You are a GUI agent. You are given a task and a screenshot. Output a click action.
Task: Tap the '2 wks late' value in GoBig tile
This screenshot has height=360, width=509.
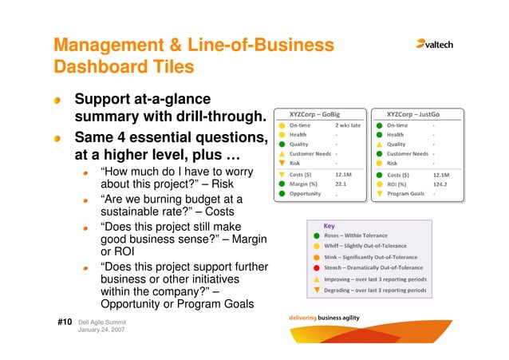tap(348, 125)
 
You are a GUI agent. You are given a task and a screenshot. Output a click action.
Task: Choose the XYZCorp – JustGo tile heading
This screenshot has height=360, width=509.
tap(413, 113)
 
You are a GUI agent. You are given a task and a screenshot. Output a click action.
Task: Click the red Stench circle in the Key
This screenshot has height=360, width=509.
tap(317, 269)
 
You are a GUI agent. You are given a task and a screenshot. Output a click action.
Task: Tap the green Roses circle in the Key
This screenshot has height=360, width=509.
tap(317, 236)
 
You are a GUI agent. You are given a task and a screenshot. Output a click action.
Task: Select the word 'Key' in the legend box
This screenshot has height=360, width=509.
tap(329, 225)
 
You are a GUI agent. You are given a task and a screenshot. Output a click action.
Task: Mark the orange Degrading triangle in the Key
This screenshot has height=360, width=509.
tap(317, 291)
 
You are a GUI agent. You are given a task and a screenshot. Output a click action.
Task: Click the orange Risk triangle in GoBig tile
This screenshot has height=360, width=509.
tap(282, 163)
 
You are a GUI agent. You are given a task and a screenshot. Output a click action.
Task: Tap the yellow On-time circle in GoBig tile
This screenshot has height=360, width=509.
tap(282, 125)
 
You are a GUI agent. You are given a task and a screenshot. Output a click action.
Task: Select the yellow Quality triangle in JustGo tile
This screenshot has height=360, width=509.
tap(380, 144)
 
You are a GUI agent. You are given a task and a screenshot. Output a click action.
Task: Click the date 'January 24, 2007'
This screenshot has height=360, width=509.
tap(101, 330)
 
